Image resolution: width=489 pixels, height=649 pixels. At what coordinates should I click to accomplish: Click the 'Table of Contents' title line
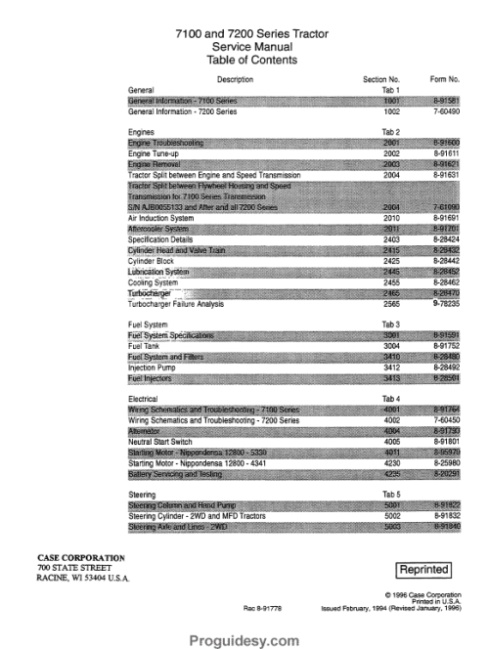pyautogui.click(x=244, y=60)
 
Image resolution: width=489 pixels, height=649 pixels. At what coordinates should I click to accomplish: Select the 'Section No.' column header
pyautogui.click(x=381, y=79)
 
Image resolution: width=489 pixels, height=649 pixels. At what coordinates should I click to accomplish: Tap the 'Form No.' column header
pyautogui.click(x=445, y=79)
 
